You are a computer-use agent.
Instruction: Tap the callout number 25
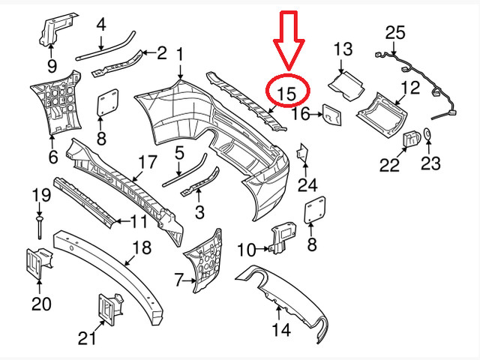pos(394,32)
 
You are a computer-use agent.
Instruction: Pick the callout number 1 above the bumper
pos(180,54)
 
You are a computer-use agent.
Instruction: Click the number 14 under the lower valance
pos(280,328)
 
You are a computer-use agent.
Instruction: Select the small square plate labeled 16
pos(331,115)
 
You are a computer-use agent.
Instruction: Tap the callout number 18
pos(141,247)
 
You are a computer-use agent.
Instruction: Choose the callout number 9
pos(52,64)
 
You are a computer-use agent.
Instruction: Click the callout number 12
pos(409,88)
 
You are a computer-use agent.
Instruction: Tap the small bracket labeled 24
pos(303,153)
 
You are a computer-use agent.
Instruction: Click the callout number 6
pos(52,158)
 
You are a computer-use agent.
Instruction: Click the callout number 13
pos(342,50)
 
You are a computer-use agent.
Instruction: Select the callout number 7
pos(178,280)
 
